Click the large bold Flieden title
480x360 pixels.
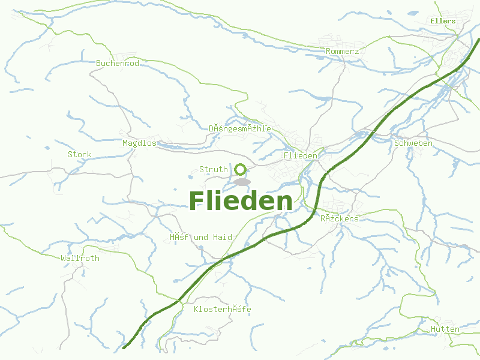click(241, 201)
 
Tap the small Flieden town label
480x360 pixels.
click(300, 156)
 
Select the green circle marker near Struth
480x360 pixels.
click(241, 169)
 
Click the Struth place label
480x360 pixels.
click(213, 170)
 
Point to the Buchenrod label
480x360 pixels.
click(118, 63)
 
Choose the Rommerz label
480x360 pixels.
click(342, 52)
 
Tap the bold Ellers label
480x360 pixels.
click(443, 21)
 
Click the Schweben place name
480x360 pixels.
click(413, 143)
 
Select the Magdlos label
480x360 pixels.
click(139, 143)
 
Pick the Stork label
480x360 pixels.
click(79, 155)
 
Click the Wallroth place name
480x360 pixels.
click(80, 259)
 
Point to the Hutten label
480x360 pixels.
click(445, 329)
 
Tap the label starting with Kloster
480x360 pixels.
click(222, 310)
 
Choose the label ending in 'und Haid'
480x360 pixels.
click(200, 238)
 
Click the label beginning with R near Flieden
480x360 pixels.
click(339, 219)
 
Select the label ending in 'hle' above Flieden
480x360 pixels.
click(239, 129)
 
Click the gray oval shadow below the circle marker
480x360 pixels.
click(241, 182)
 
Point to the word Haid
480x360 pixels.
click(222, 238)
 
